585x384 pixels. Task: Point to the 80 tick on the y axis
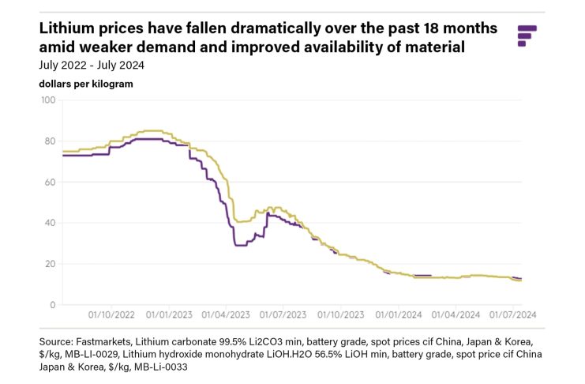click(49, 141)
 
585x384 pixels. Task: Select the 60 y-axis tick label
click(49, 183)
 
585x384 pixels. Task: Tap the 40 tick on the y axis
click(49, 224)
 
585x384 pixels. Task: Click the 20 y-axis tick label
click(49, 265)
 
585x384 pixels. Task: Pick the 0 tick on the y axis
click(51, 305)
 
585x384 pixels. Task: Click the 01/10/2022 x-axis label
click(113, 314)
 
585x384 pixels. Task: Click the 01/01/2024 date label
click(398, 314)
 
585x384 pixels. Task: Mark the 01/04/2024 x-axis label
click(455, 314)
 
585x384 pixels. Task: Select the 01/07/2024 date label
click(512, 314)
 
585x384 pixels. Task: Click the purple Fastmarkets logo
click(527, 36)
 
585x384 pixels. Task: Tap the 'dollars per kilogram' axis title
click(85, 83)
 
